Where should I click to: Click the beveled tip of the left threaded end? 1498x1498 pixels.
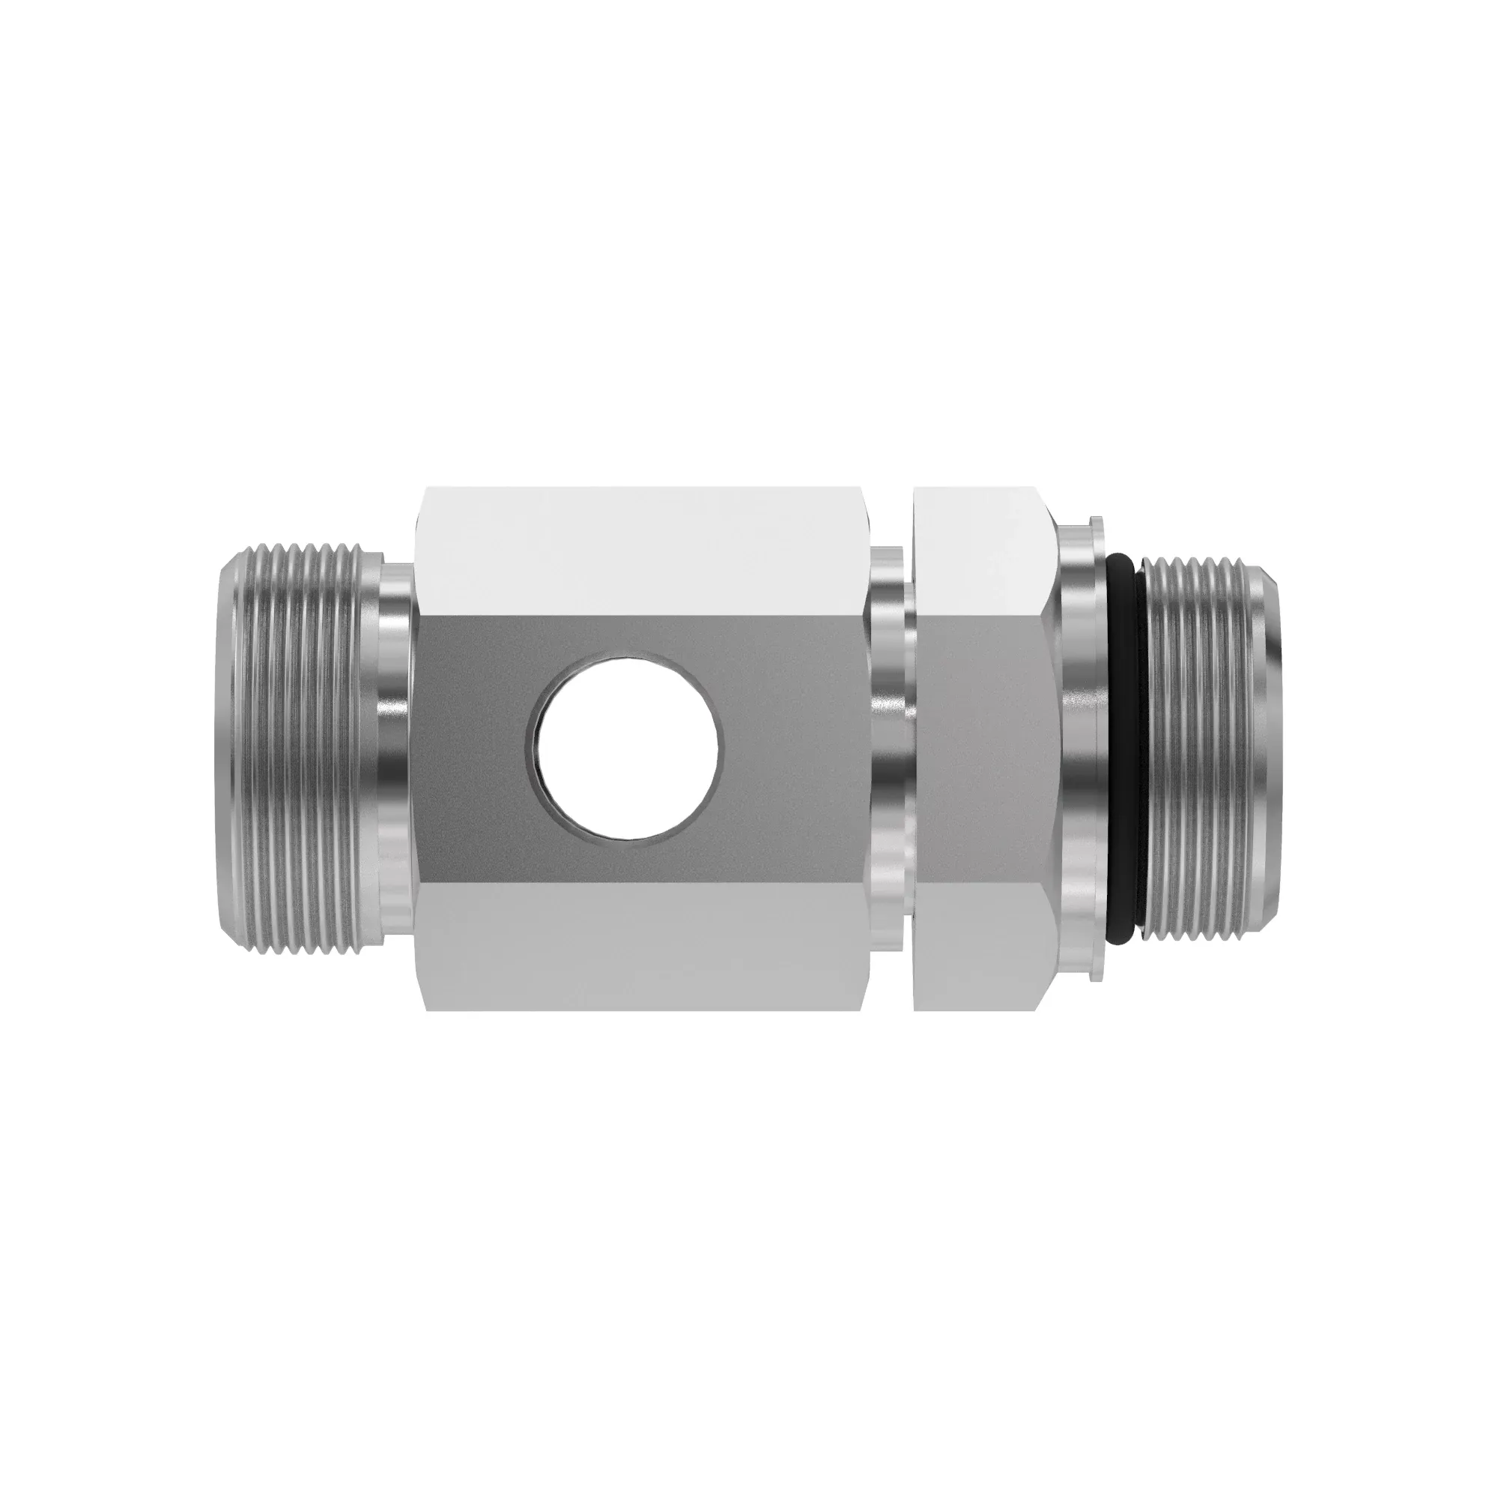[x=226, y=749]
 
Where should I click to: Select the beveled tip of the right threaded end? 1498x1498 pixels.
[x=1272, y=749]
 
